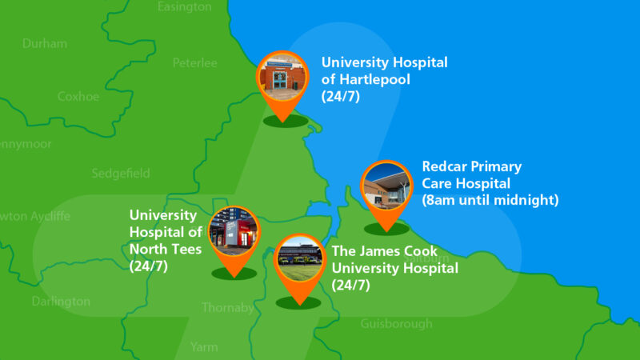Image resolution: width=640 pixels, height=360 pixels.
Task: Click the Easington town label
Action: (185, 7)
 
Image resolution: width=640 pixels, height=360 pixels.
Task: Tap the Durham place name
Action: (45, 43)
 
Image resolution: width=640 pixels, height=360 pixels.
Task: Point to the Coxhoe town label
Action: (78, 96)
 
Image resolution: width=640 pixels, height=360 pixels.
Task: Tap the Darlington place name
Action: (62, 302)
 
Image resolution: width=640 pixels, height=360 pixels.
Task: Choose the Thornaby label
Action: (228, 307)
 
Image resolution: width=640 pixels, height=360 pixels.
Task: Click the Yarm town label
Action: (204, 346)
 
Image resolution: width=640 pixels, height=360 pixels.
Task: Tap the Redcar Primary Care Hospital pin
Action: (387, 188)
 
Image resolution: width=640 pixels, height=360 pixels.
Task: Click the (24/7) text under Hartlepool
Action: (342, 97)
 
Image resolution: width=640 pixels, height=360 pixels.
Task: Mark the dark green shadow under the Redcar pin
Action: (387, 228)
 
